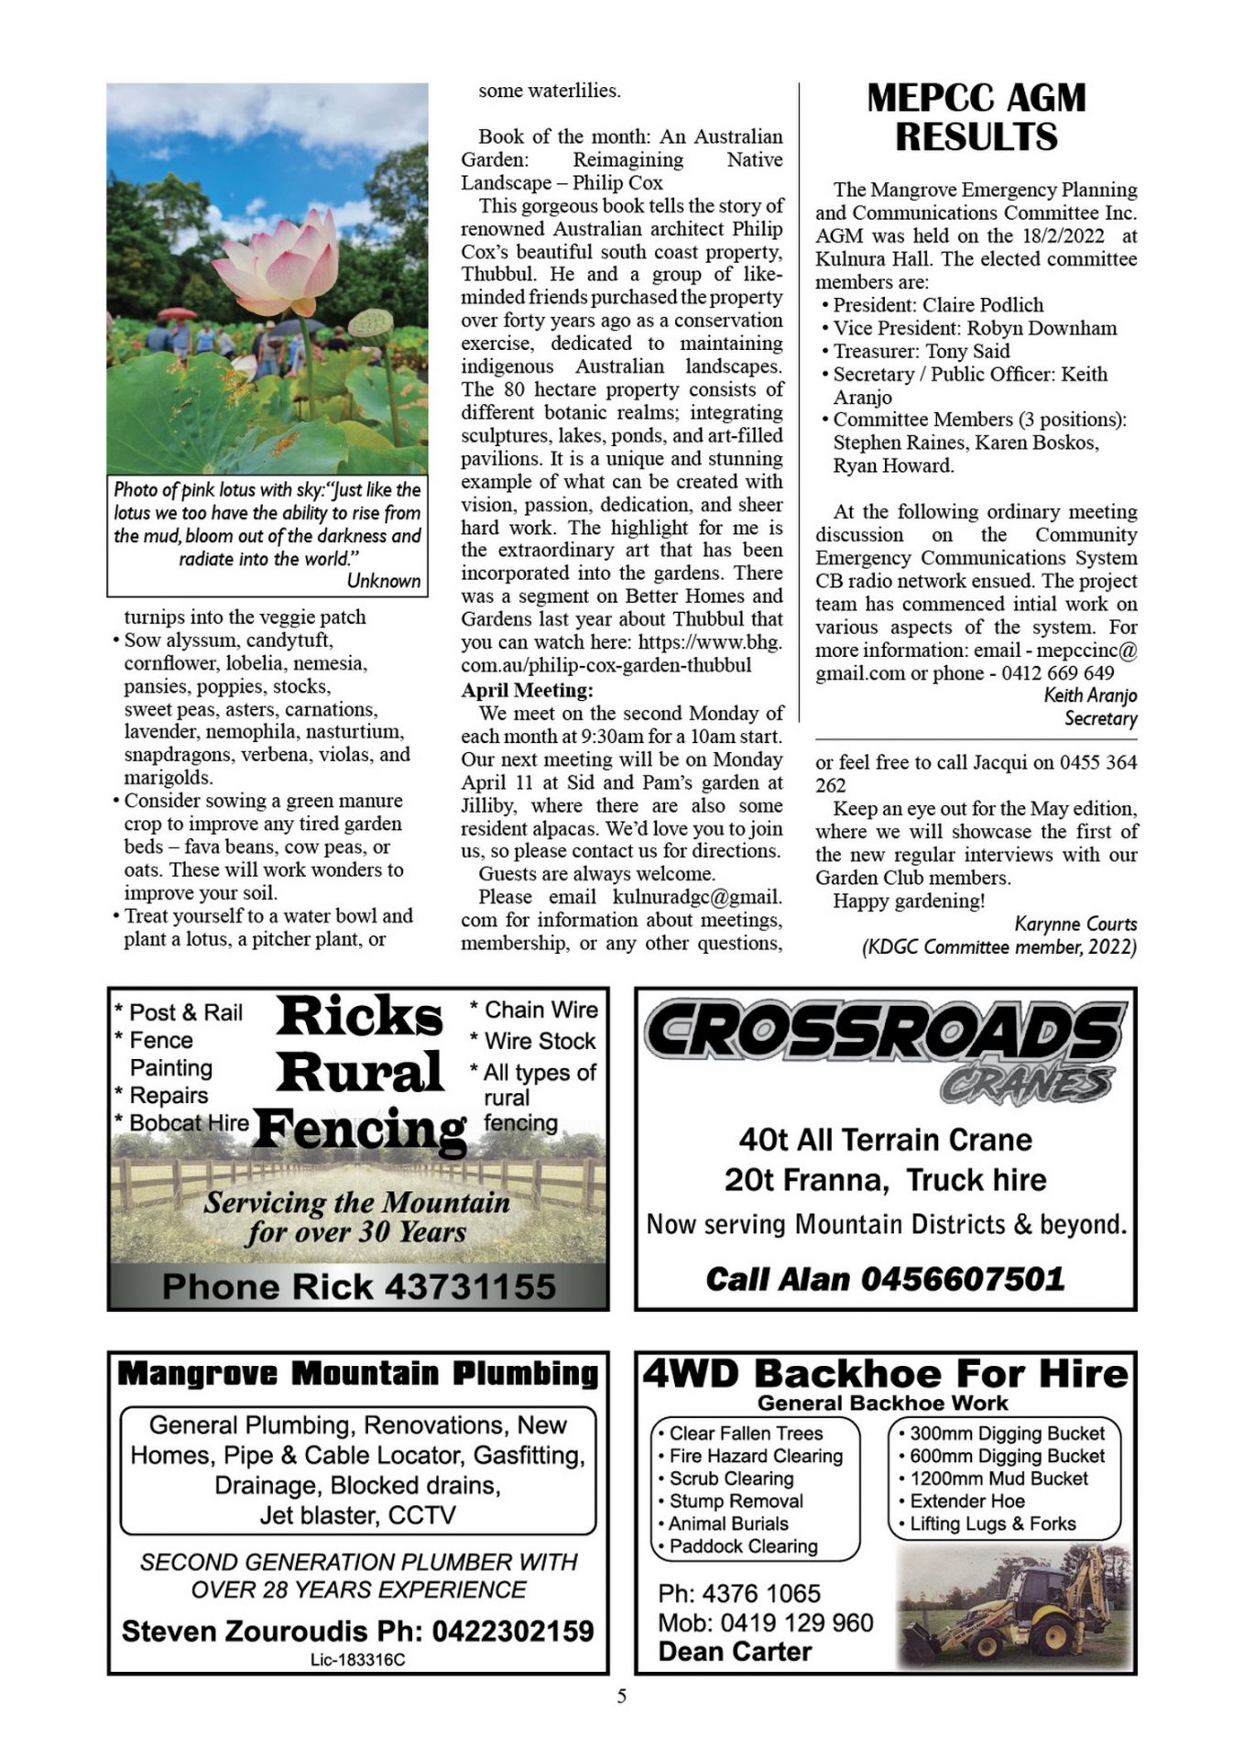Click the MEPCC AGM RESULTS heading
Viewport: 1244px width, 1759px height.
tap(976, 117)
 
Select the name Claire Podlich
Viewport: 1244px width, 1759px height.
tap(983, 305)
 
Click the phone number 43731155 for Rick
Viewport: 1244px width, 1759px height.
tap(469, 1286)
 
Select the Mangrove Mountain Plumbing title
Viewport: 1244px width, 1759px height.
tap(358, 1373)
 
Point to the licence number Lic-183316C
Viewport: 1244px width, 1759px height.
tap(358, 1659)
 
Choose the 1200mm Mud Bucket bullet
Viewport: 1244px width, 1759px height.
tap(998, 1478)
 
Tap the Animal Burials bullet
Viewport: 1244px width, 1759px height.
tap(728, 1524)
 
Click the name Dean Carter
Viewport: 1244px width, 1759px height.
tap(735, 1651)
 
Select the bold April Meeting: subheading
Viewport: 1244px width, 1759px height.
tap(527, 690)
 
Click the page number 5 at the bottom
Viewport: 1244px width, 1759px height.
tap(622, 1696)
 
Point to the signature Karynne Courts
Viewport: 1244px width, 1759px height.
tap(1075, 923)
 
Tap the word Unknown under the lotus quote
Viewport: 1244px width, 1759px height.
tap(384, 581)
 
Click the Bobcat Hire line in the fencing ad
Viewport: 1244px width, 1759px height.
tap(189, 1122)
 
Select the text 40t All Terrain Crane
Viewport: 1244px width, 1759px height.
tap(885, 1139)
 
